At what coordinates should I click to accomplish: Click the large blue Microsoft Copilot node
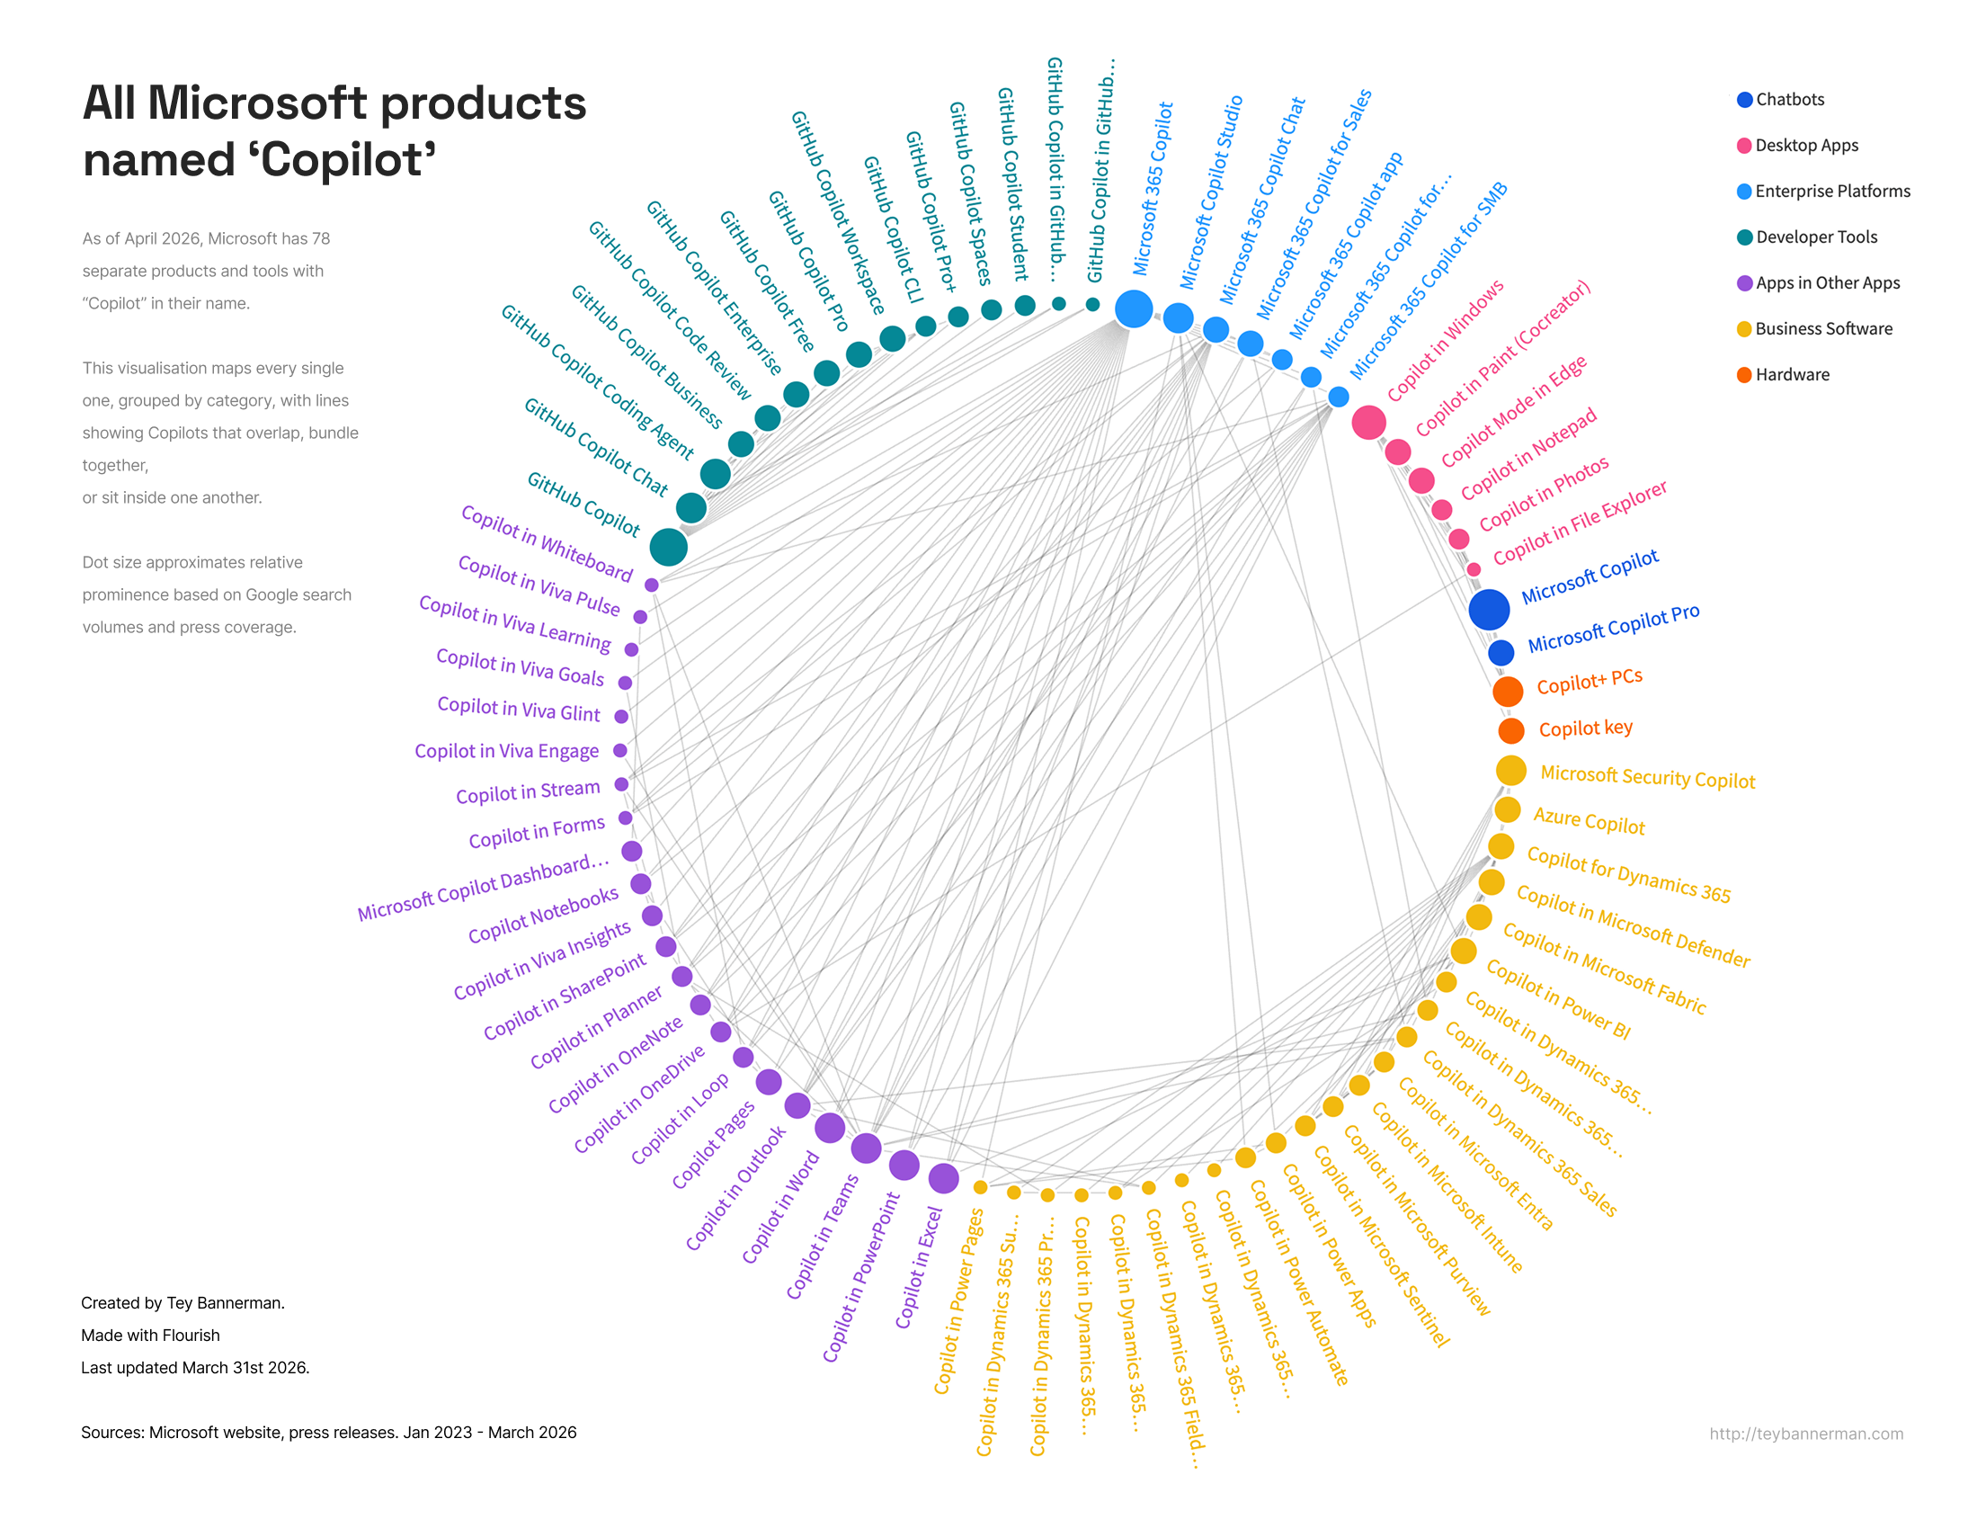click(1488, 609)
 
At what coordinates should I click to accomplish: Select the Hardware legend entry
click(1792, 374)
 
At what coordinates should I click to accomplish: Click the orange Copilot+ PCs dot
click(1507, 691)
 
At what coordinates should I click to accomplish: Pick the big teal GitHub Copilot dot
click(668, 547)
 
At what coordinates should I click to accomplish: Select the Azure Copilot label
click(1589, 821)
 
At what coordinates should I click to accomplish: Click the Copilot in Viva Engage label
click(506, 751)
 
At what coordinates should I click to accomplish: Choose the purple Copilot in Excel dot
click(943, 1177)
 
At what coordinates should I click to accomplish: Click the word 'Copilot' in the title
click(349, 160)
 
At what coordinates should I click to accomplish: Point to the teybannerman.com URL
click(1805, 1433)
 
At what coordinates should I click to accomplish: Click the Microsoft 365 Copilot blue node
click(1133, 308)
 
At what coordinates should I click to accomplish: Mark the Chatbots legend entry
click(1789, 100)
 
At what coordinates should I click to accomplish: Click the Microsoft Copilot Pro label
click(1613, 629)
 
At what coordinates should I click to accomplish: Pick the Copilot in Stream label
click(527, 792)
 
